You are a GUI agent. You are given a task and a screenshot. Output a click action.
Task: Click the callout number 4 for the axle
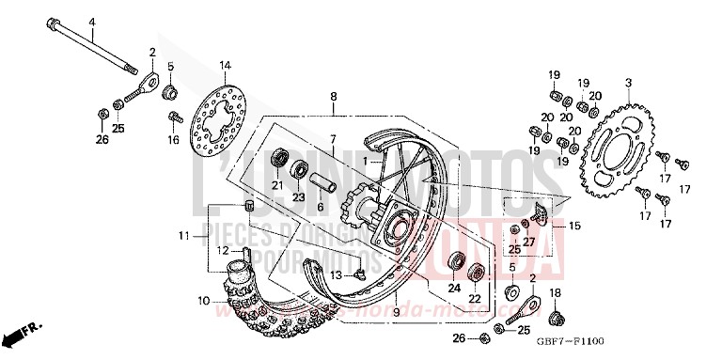point(92,21)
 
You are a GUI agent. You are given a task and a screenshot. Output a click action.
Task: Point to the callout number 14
point(225,65)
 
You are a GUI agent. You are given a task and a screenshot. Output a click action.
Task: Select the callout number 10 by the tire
point(203,301)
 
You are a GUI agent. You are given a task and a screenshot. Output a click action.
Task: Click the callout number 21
point(276,185)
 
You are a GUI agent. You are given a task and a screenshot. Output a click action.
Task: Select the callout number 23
point(299,198)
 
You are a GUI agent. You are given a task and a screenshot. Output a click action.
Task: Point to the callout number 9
point(396,311)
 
